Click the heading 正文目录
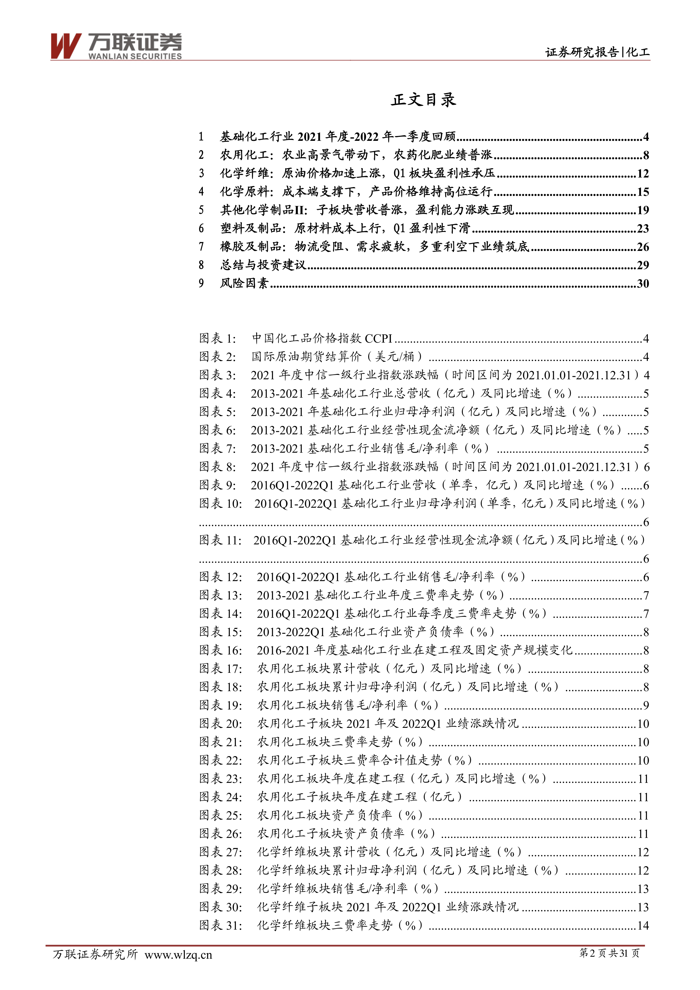click(423, 100)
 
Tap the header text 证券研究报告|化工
click(597, 52)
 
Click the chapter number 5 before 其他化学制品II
click(201, 210)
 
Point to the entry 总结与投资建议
click(263, 265)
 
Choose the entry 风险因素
click(244, 283)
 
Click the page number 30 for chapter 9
click(643, 284)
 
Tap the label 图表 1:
click(218, 338)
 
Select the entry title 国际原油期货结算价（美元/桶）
click(337, 357)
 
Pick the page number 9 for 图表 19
click(646, 706)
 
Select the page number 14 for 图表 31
click(643, 925)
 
